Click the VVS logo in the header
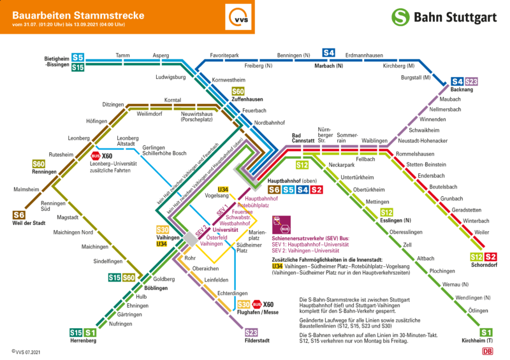[x=240, y=17]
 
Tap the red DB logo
[x=488, y=351]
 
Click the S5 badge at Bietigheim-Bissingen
[x=78, y=57]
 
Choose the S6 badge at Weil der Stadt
[x=19, y=215]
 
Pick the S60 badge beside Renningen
[x=38, y=164]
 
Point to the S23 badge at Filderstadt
[x=252, y=332]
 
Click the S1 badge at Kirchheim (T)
[x=486, y=332]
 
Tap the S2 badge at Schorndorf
[x=490, y=257]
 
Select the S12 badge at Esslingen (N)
[x=386, y=212]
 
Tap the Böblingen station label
[x=156, y=288]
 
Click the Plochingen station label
[x=442, y=271]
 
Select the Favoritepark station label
[x=224, y=55]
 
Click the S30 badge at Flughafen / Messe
[x=243, y=305]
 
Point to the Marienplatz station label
[x=258, y=236]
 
